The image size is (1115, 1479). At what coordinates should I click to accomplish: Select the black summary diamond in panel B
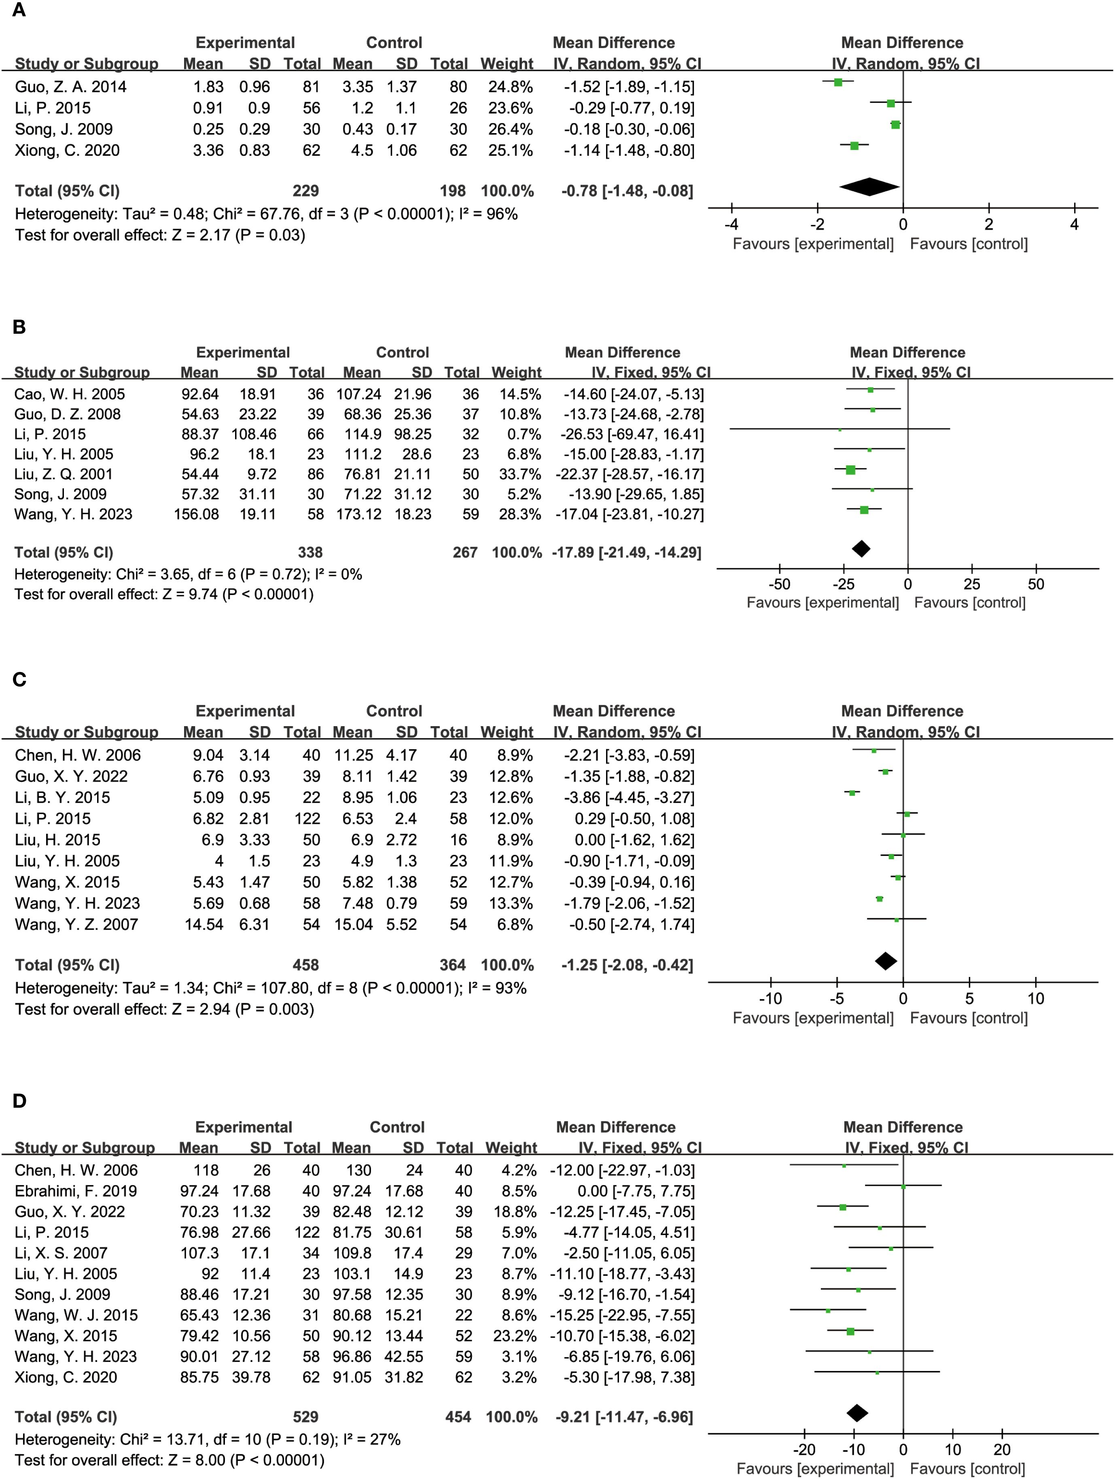tap(861, 549)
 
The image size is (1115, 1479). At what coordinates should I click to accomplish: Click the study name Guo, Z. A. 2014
tap(70, 87)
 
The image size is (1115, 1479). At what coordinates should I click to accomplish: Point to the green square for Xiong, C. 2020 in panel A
tap(854, 145)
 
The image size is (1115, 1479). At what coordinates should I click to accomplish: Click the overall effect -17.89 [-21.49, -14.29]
tap(627, 552)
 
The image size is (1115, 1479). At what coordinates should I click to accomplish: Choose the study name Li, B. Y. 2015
tap(62, 798)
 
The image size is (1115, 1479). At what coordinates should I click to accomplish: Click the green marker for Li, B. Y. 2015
tap(852, 793)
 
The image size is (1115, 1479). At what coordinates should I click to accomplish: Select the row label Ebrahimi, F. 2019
tap(76, 1191)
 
